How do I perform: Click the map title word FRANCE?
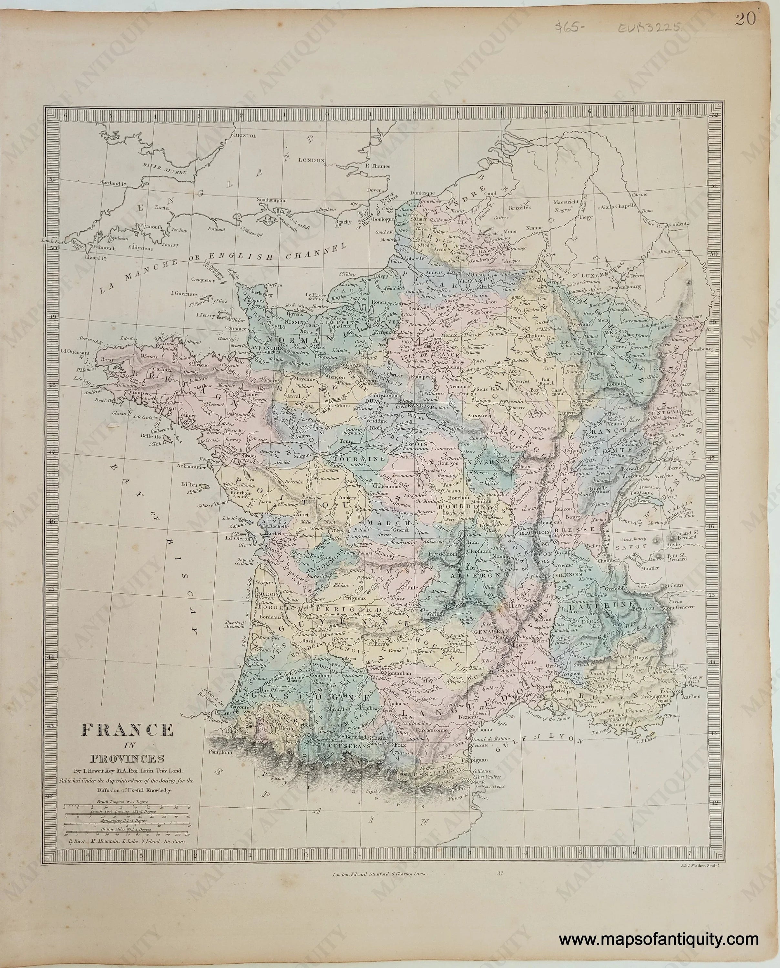click(127, 730)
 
